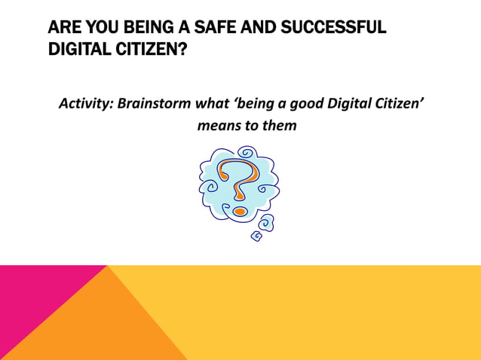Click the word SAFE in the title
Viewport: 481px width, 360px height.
200,29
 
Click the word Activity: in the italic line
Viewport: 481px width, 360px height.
86,103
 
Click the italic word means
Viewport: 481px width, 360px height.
216,125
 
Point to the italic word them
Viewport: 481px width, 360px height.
279,125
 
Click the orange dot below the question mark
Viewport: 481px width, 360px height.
238,211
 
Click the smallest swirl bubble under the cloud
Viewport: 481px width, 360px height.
256,236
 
